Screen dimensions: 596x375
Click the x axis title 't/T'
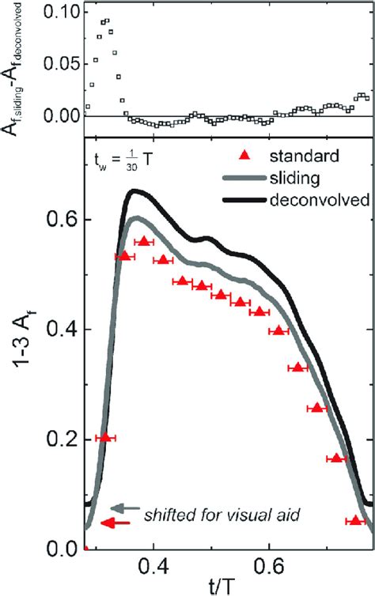[x=225, y=587]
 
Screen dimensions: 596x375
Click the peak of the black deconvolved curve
[x=135, y=190]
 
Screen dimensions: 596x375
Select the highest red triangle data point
[x=143, y=241]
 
